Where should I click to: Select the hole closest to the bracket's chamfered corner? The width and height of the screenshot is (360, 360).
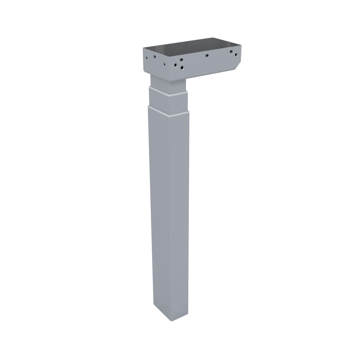coord(236,54)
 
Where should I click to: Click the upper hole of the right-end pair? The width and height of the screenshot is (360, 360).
coord(231,52)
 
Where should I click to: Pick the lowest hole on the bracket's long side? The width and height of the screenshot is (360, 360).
coord(182,68)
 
